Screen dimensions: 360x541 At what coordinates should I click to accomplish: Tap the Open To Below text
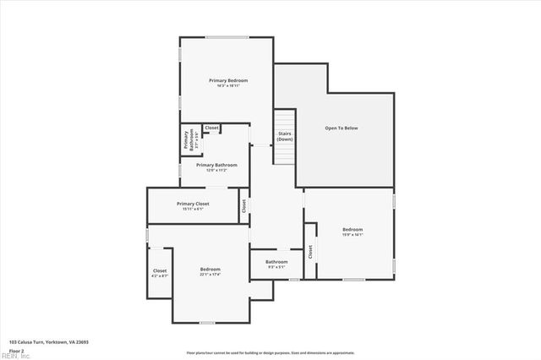[342, 128]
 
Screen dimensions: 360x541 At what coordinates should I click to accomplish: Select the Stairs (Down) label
[285, 136]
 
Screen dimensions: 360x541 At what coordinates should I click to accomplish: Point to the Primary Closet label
[193, 204]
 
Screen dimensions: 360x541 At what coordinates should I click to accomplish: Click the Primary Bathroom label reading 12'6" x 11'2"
[216, 166]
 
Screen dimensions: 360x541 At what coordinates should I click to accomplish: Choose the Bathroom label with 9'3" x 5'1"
[276, 262]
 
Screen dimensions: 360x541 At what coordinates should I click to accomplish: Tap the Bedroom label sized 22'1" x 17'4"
[210, 269]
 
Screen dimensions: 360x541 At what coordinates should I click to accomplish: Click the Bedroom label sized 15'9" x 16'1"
[352, 230]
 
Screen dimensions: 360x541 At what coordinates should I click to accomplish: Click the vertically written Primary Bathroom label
[189, 139]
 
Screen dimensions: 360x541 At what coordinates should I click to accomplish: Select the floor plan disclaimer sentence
[270, 352]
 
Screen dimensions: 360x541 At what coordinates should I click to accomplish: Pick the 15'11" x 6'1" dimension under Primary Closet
[193, 209]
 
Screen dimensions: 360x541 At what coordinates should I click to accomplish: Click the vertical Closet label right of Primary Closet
[243, 205]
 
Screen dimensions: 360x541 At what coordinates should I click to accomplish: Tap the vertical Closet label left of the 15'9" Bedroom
[310, 251]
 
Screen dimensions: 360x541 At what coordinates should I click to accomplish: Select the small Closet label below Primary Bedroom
[211, 128]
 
